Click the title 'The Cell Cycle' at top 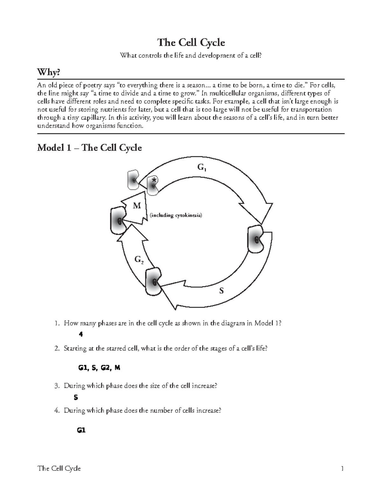coord(191,42)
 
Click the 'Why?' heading coord(48,73)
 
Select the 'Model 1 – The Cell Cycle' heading coord(89,148)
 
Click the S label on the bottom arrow coord(222,291)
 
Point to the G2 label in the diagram coord(139,260)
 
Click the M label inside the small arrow coord(137,206)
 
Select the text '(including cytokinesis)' coord(176,215)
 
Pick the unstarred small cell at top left coord(133,180)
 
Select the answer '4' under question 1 coord(81,334)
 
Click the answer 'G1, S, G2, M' coord(99,368)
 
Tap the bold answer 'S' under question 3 coord(76,397)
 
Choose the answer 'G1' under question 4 coord(81,430)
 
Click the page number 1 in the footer coord(342,469)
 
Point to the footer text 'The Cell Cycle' coord(59,469)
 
